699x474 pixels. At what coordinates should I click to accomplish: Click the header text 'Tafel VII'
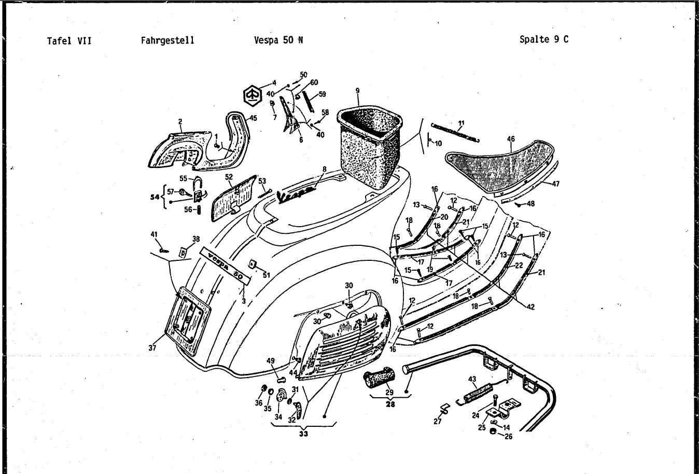pos(69,40)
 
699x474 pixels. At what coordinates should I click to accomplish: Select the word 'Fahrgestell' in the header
pos(167,40)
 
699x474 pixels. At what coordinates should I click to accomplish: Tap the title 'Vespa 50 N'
pos(278,40)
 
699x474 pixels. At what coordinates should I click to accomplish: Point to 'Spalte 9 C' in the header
pos(543,39)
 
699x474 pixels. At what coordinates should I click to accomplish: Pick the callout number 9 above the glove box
pos(357,91)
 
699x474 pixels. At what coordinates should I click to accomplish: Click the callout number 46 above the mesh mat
pos(511,139)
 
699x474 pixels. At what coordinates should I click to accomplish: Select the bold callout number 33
pos(303,434)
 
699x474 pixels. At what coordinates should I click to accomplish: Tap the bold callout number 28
pos(390,405)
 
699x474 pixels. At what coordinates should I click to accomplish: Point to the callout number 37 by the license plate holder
pos(152,348)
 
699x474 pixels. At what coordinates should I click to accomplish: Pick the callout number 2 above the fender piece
pos(180,122)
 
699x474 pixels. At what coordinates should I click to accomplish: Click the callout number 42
pos(530,307)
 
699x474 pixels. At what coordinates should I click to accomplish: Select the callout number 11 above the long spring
pos(461,123)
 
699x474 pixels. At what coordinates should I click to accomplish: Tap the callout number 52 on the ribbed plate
pos(229,177)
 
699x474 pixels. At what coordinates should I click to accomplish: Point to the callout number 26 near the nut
pos(508,437)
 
